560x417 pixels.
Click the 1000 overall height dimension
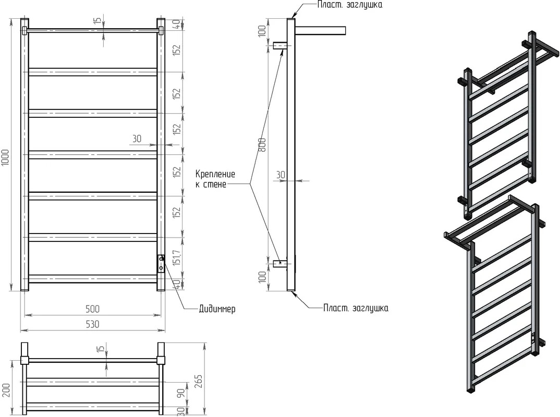click(x=5, y=157)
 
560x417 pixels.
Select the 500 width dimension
click(x=92, y=309)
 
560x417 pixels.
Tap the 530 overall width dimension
click(x=92, y=324)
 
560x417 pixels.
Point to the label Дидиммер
click(x=217, y=309)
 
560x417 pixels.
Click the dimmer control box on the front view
click(x=161, y=263)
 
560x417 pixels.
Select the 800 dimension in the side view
click(x=262, y=144)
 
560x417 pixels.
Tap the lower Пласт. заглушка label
click(x=356, y=308)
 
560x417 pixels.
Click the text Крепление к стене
click(x=215, y=179)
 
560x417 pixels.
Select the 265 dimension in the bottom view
click(x=199, y=382)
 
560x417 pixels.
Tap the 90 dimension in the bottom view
click(x=181, y=393)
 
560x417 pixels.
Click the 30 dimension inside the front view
click(x=137, y=139)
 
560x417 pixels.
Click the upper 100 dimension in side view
click(x=262, y=31)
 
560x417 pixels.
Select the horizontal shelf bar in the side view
click(x=320, y=30)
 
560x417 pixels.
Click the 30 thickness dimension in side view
click(x=281, y=175)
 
